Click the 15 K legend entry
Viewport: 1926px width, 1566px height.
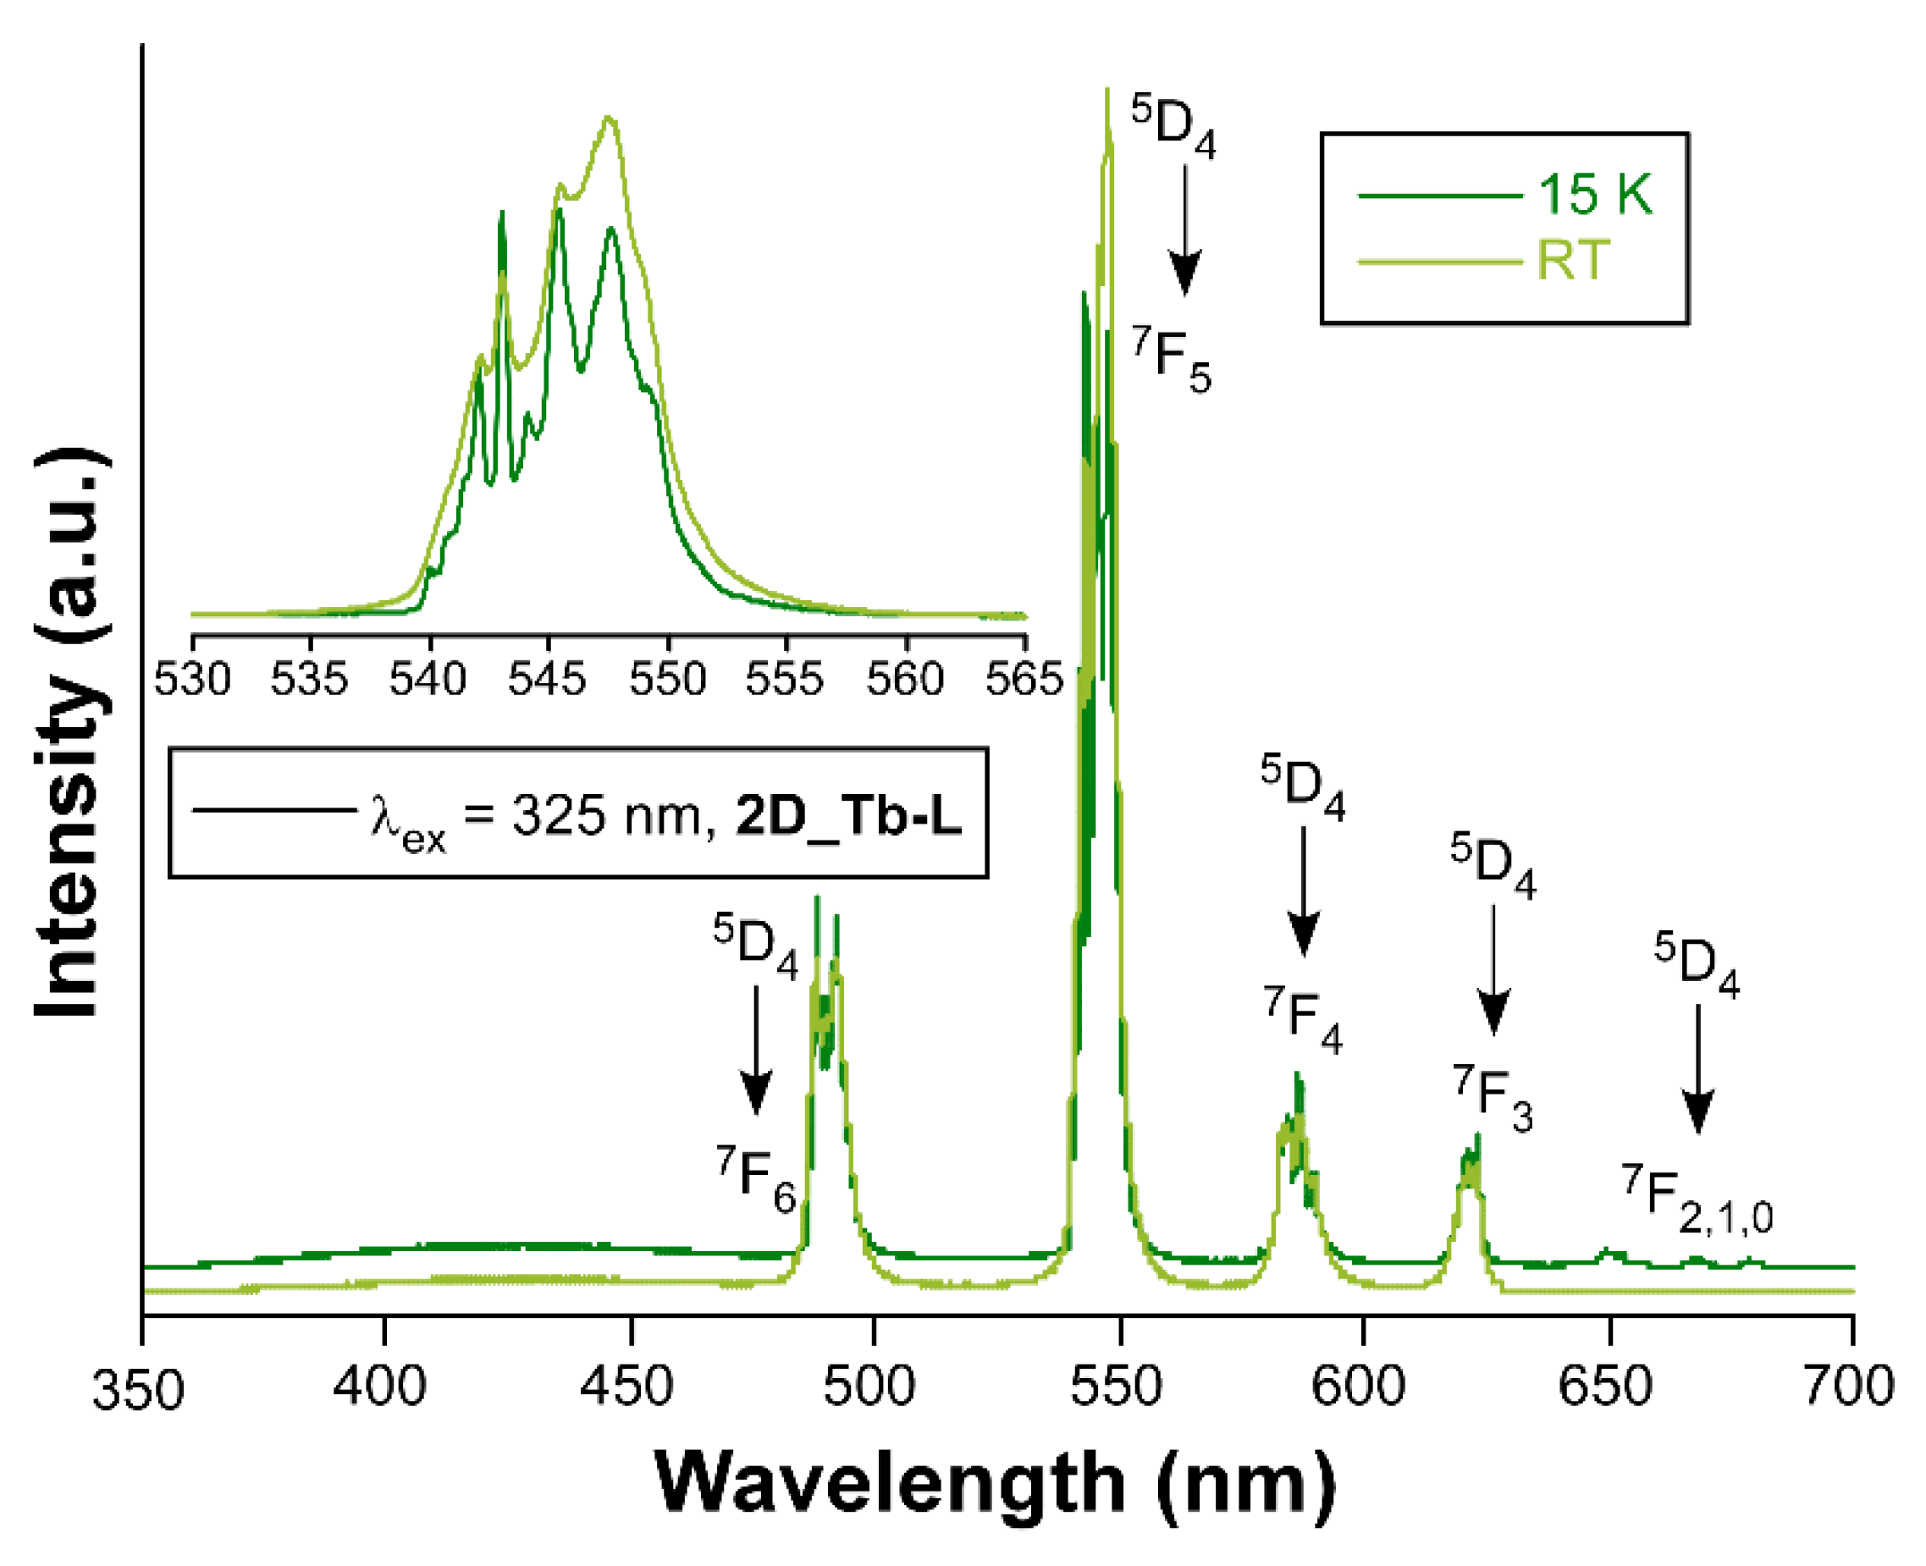click(1594, 194)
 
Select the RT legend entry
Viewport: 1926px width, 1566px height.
click(1572, 262)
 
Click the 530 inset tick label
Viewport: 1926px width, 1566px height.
click(192, 678)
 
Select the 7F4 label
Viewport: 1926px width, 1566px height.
click(1302, 1019)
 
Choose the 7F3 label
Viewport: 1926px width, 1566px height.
click(1491, 1098)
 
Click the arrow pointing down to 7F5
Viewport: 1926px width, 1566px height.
click(1184, 230)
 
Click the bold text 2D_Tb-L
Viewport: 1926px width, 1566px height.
click(848, 814)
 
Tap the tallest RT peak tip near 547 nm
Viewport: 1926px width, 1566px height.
click(1106, 91)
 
